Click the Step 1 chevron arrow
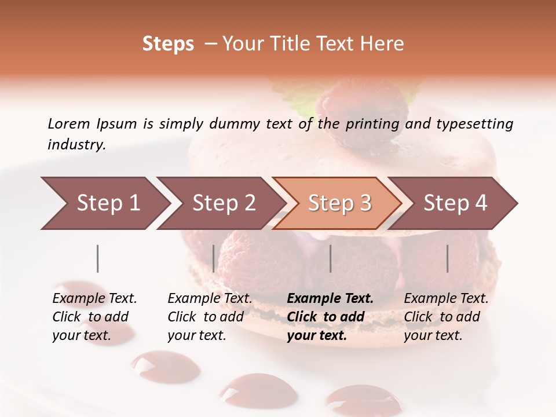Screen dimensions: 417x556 [104, 203]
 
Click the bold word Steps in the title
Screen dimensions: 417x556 [168, 44]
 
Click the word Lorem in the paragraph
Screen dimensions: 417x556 [68, 123]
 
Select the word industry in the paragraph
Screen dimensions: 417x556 [76, 144]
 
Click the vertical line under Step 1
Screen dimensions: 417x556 [98, 258]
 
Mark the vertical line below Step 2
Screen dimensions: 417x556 [214, 258]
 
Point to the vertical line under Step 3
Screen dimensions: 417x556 [330, 258]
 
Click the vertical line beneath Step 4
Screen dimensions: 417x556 [448, 258]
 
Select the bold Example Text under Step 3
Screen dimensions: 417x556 [330, 299]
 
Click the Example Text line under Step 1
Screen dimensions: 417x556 [94, 299]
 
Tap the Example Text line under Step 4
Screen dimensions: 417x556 [446, 299]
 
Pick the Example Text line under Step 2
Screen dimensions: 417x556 [210, 299]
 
